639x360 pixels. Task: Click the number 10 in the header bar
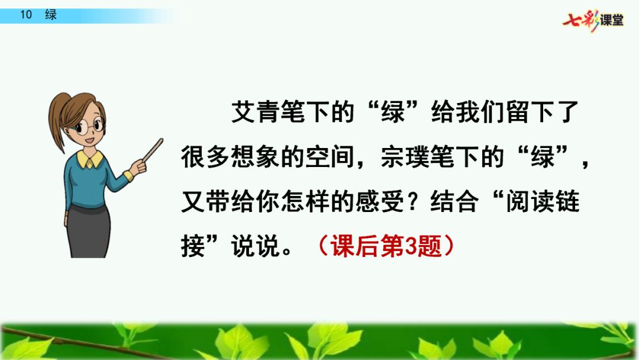pos(26,15)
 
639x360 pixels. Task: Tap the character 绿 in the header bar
pos(51,15)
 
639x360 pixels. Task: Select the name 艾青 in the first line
pos(256,112)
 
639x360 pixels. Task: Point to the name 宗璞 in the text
pos(405,156)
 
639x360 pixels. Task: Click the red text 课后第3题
pos(386,246)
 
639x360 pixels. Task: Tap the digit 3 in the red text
pos(411,246)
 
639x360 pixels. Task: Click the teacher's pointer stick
pos(153,150)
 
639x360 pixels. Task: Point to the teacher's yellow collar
pos(90,159)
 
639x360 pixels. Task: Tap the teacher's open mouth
pos(90,141)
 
